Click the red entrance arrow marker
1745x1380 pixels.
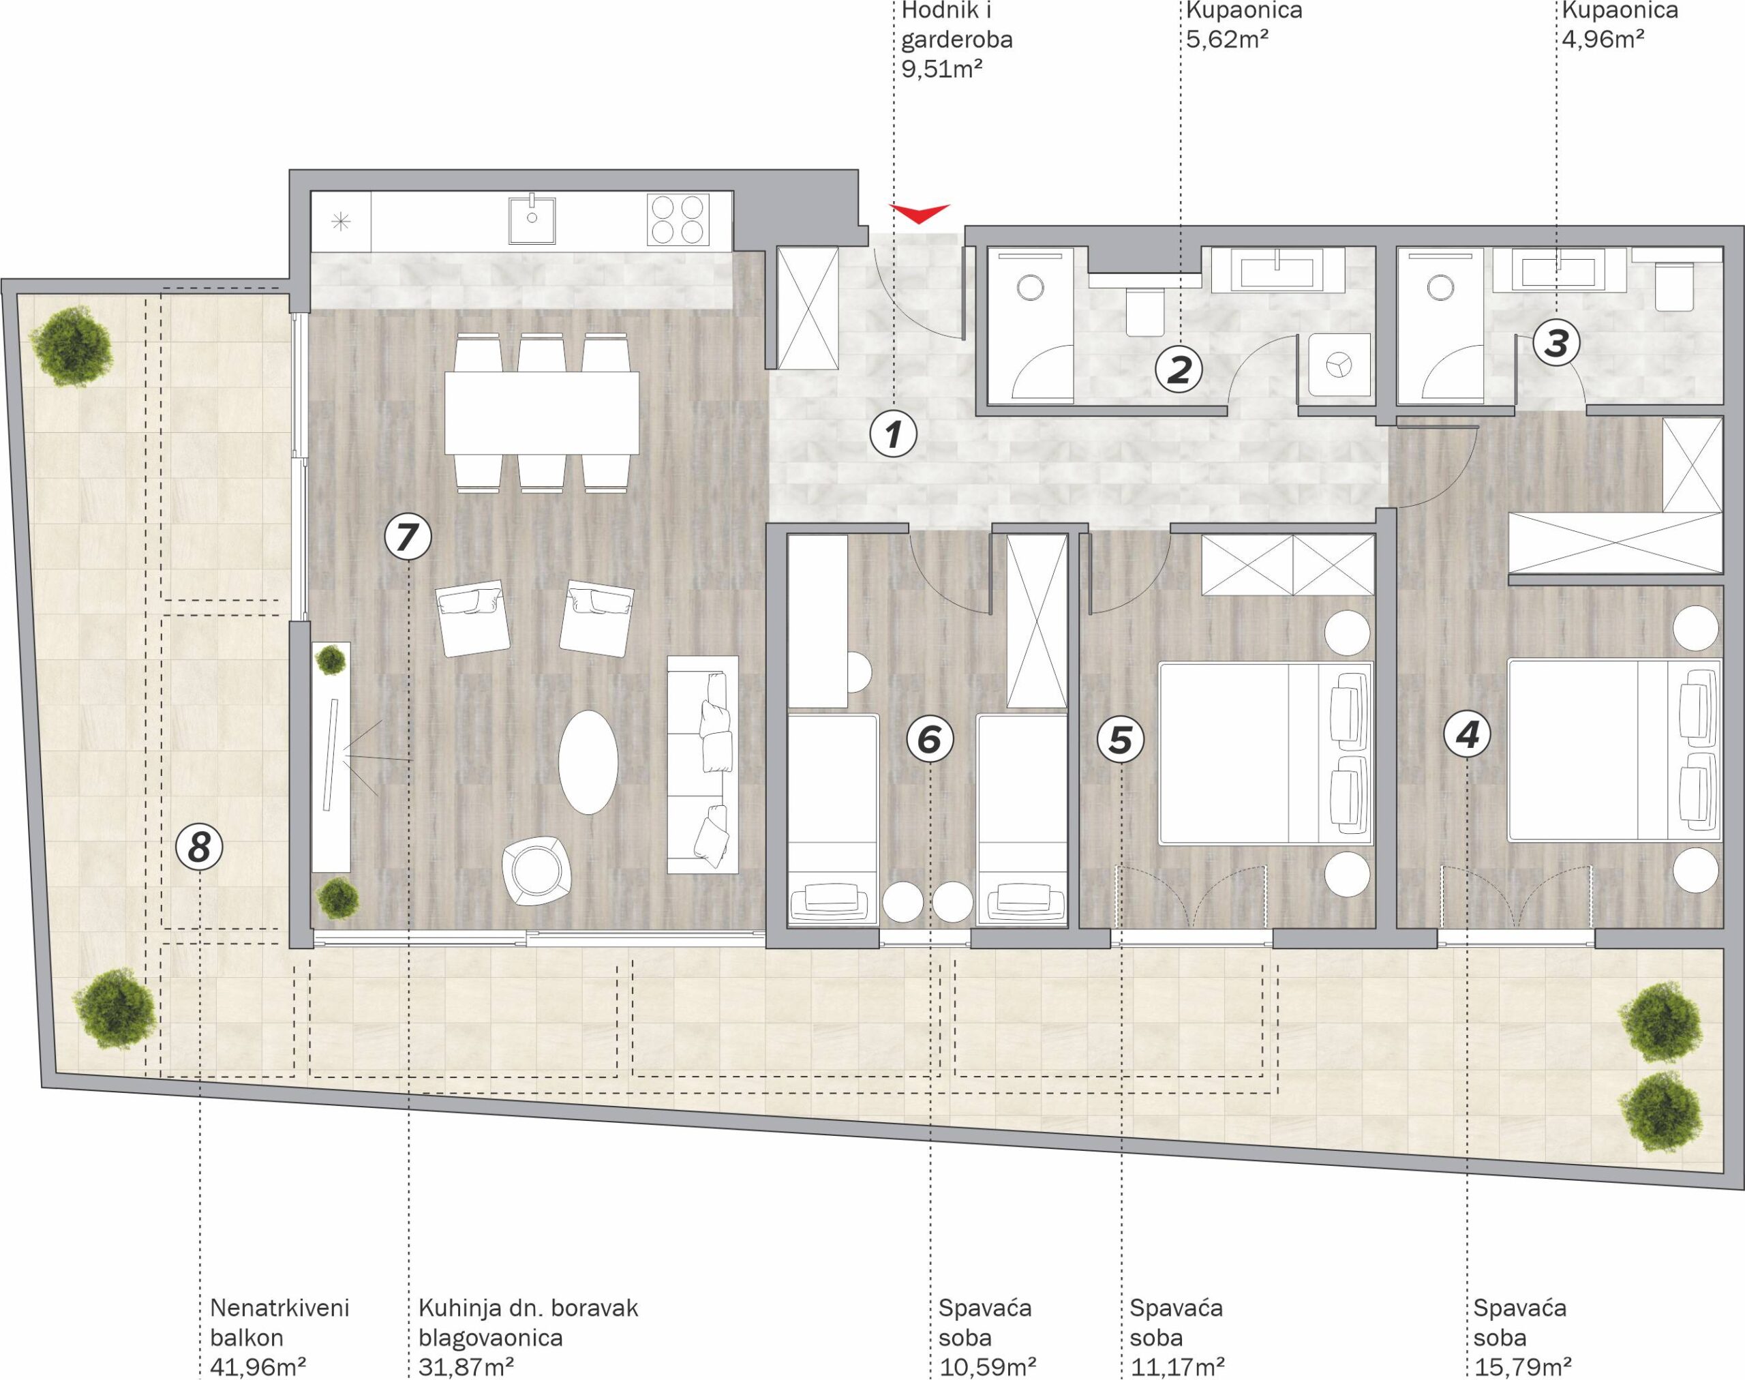pyautogui.click(x=920, y=213)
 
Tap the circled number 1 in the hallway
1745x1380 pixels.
pyautogui.click(x=893, y=436)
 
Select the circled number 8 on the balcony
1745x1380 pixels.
pyautogui.click(x=199, y=847)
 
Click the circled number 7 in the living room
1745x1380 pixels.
pyautogui.click(x=408, y=537)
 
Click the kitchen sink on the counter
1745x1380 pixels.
pyautogui.click(x=532, y=218)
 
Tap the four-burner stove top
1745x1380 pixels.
pyautogui.click(x=678, y=219)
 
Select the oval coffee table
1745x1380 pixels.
pyautogui.click(x=588, y=762)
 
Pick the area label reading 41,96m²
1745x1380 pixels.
pyautogui.click(x=258, y=1367)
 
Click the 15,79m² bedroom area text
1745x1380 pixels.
pyautogui.click(x=1522, y=1367)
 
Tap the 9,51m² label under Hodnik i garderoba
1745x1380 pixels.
pyautogui.click(x=942, y=69)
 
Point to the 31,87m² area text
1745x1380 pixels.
pyautogui.click(x=467, y=1367)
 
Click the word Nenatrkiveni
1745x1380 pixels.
pyautogui.click(x=279, y=1308)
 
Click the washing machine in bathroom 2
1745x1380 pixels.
pyautogui.click(x=1337, y=364)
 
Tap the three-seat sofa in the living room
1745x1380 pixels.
pyautogui.click(x=703, y=764)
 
